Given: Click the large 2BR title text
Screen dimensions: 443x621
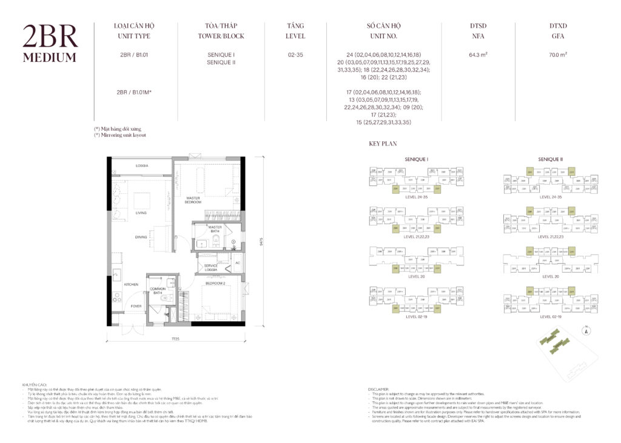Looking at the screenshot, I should point(50,38).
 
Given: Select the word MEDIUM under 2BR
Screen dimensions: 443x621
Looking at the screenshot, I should point(50,58).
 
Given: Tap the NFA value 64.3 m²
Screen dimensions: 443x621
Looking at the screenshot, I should point(478,55).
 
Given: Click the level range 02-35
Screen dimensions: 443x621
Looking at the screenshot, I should point(295,55).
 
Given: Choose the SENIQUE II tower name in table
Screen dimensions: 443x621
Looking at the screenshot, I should point(221,62).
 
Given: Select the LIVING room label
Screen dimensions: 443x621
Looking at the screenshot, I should point(141,213).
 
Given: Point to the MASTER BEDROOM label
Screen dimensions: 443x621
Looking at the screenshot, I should point(193,200).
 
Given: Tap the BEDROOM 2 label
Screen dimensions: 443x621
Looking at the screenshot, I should point(216,283).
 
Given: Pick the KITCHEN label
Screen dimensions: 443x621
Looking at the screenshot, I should point(131,284).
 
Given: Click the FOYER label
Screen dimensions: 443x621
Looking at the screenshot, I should point(136,306).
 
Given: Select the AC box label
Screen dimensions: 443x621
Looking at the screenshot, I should point(237,262).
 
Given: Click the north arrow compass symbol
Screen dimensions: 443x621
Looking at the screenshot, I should point(586,331).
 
